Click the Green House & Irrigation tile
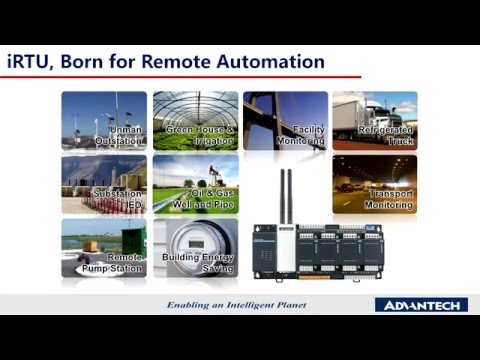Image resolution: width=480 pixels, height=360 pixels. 195,120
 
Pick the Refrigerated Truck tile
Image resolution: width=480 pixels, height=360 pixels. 374,120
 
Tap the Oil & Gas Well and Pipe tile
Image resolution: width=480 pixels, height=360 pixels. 195,184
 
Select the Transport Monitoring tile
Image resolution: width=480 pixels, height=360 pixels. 374,184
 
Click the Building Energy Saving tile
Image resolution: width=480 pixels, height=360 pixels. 195,248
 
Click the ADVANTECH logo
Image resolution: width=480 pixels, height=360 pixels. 417,304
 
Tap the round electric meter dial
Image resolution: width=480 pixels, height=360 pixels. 182,245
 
